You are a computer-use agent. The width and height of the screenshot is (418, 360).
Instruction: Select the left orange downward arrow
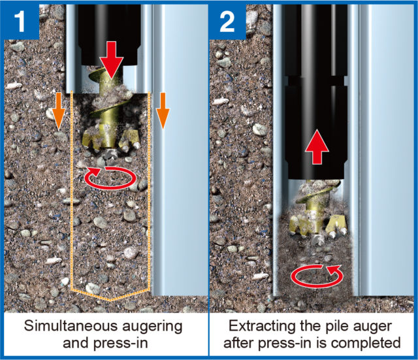58,108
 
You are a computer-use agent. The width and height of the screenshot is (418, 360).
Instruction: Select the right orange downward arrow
163,108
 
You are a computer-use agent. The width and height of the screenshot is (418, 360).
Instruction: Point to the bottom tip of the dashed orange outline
111,300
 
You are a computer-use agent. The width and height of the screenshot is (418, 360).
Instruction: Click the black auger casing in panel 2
316,105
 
